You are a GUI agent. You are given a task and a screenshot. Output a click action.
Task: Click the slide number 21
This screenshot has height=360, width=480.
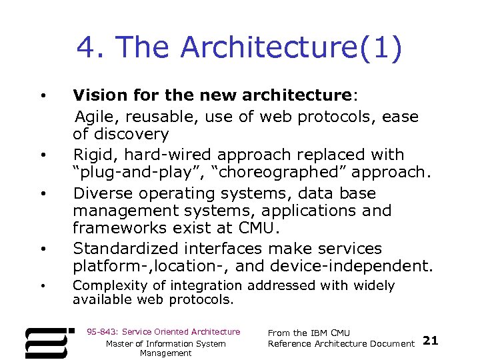pos(431,341)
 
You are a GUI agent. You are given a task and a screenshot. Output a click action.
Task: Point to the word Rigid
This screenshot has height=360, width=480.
pos(92,155)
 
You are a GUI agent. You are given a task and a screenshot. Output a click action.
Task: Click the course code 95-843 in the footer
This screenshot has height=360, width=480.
pos(99,331)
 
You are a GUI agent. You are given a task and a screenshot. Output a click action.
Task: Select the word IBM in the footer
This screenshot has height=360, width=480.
pos(321,333)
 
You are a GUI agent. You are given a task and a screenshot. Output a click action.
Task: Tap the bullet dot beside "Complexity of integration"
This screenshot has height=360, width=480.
pos(43,286)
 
